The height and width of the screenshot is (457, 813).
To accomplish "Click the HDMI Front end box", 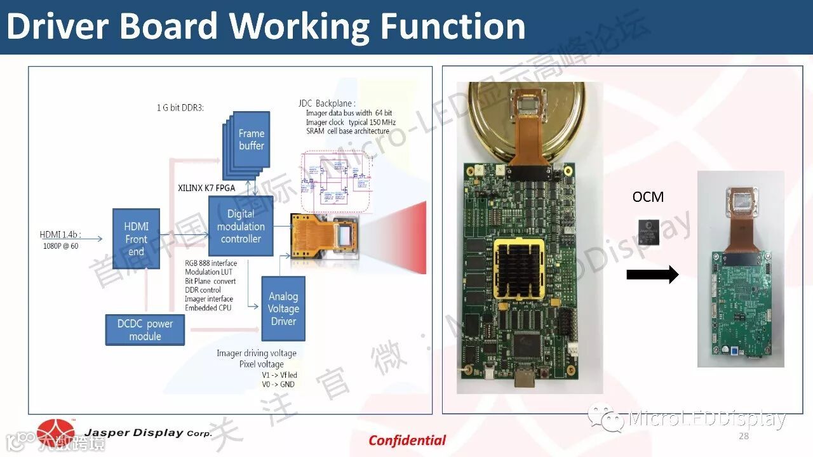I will [x=136, y=239].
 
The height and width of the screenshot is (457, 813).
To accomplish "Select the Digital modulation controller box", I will [x=241, y=227].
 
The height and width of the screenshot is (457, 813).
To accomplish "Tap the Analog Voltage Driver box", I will [x=283, y=308].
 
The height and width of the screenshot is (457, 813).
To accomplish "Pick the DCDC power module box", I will [x=145, y=330].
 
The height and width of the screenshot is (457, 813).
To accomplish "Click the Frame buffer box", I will [x=252, y=140].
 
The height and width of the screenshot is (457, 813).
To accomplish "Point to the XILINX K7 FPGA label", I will [x=206, y=188].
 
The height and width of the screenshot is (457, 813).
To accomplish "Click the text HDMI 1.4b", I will [x=60, y=235].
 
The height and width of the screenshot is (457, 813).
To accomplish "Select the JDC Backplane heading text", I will [x=326, y=103].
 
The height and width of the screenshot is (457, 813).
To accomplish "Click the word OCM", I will [x=648, y=197].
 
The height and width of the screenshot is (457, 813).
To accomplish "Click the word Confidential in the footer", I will [x=407, y=440].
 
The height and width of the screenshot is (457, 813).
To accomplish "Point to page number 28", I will [x=744, y=436].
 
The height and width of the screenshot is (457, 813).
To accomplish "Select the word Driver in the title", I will [x=58, y=27].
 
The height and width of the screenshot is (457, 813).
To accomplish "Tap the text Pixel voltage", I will [x=261, y=364].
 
